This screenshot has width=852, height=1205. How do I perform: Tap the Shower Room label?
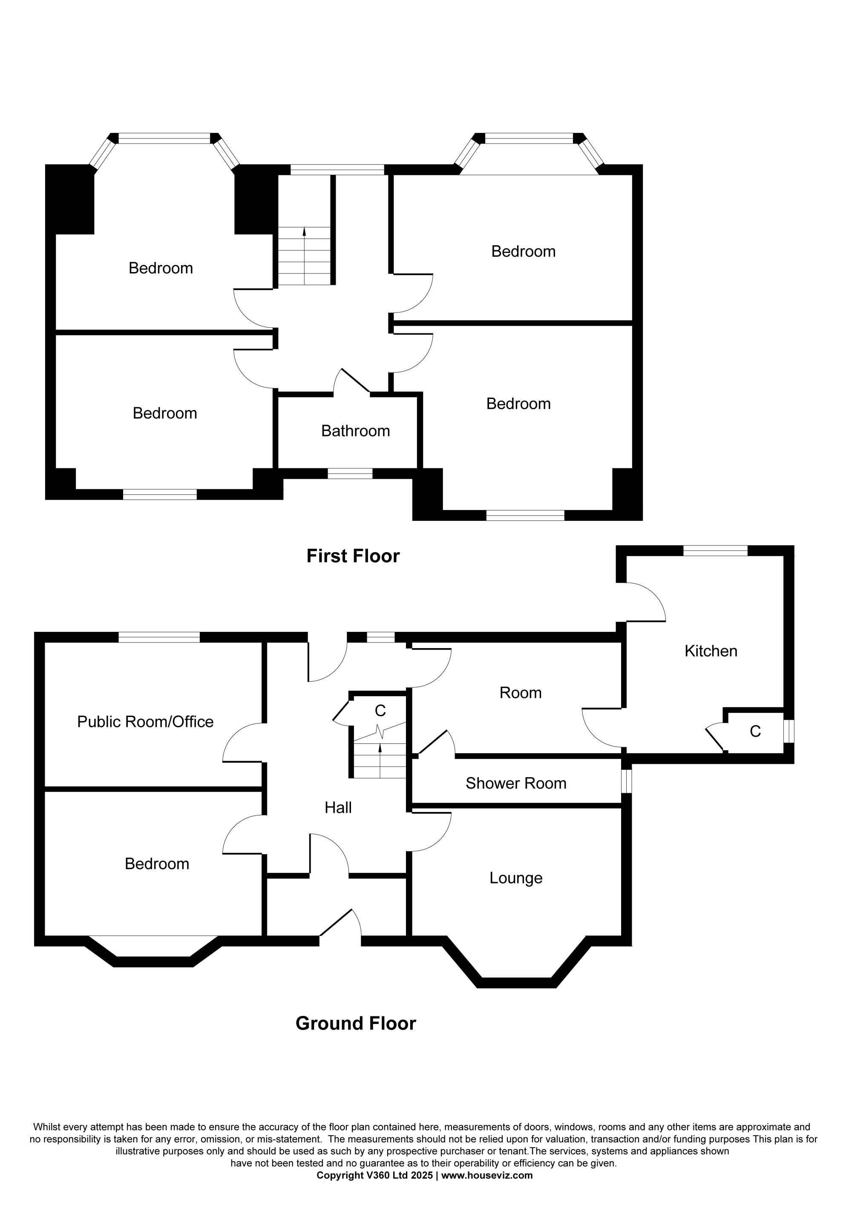(x=516, y=783)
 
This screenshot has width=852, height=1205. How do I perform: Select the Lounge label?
(x=516, y=878)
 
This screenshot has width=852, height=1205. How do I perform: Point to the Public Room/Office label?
(x=145, y=722)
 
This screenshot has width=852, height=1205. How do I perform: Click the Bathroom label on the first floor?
(x=355, y=431)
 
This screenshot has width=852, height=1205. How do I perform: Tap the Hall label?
(x=338, y=808)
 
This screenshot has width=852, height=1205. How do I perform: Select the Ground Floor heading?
(x=356, y=1024)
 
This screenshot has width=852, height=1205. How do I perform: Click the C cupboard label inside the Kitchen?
(x=755, y=732)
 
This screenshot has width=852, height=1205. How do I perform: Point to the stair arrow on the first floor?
(x=305, y=255)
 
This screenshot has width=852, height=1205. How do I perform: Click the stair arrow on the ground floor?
(x=380, y=760)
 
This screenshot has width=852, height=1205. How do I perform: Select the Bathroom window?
(x=350, y=473)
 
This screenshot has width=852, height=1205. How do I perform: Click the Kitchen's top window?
(x=716, y=551)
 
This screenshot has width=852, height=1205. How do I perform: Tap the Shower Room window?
(x=627, y=781)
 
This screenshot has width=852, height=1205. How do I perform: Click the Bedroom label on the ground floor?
(x=157, y=864)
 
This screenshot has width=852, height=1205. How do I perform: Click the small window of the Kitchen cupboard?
(x=789, y=731)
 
